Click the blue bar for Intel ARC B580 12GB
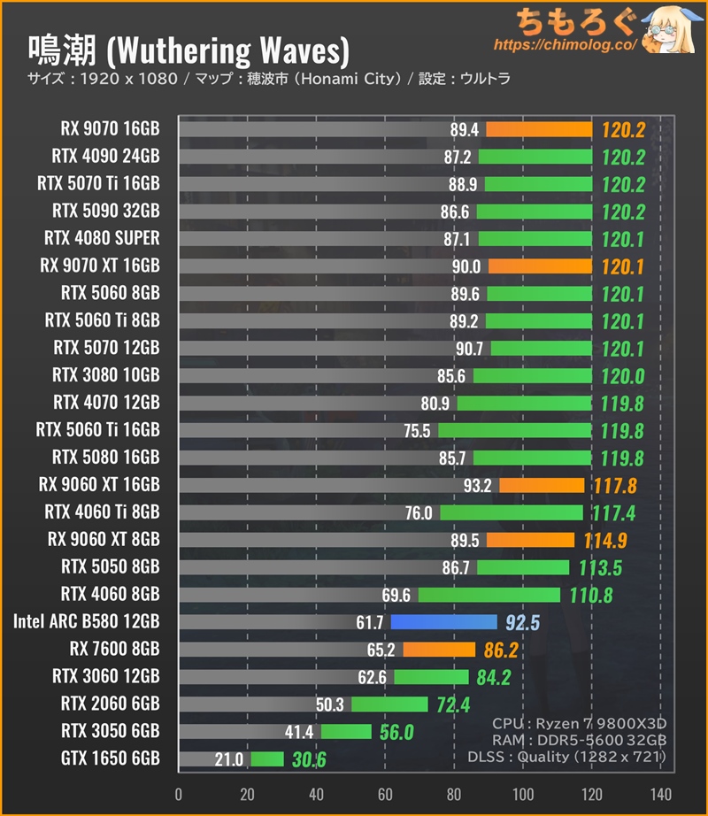pyautogui.click(x=443, y=622)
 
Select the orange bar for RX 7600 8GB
pyautogui.click(x=439, y=650)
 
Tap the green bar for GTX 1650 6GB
pyautogui.click(x=267, y=759)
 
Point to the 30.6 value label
pyautogui.click(x=309, y=759)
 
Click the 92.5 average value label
pyautogui.click(x=522, y=622)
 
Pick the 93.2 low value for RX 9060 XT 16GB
pyautogui.click(x=477, y=485)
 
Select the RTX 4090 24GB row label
pyautogui.click(x=105, y=157)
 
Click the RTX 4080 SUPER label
pyautogui.click(x=102, y=238)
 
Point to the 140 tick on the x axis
pyautogui.click(x=660, y=793)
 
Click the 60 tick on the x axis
pyautogui.click(x=385, y=793)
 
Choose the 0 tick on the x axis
pyautogui.click(x=179, y=793)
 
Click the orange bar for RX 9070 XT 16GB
pyautogui.click(x=540, y=266)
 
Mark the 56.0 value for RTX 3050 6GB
pyautogui.click(x=396, y=732)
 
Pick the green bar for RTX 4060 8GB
pyautogui.click(x=489, y=595)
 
